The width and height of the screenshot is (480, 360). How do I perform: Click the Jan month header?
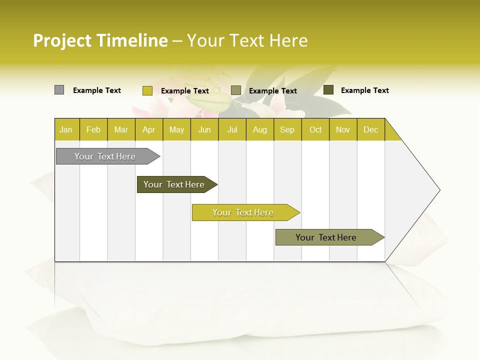pos(66,129)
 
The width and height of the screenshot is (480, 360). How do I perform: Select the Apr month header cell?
pos(149,129)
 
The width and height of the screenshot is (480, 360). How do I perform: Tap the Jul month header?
pos(232,129)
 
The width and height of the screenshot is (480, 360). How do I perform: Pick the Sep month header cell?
pos(287,129)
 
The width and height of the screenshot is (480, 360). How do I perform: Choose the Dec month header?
pos(370,129)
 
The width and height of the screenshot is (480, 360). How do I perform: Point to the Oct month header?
pos(315,129)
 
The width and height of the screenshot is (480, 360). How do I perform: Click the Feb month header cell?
pos(93,129)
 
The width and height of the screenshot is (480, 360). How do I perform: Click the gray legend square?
pos(59,90)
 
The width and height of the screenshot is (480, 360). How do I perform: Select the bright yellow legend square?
pos(147,90)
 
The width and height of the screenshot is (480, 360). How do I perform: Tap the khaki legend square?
pos(236,90)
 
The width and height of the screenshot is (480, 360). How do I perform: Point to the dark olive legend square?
pos(328,90)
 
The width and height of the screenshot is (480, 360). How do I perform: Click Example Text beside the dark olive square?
pos(364,90)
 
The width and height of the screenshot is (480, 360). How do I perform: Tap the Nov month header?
pos(343,129)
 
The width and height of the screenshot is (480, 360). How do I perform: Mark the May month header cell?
pos(176,129)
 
